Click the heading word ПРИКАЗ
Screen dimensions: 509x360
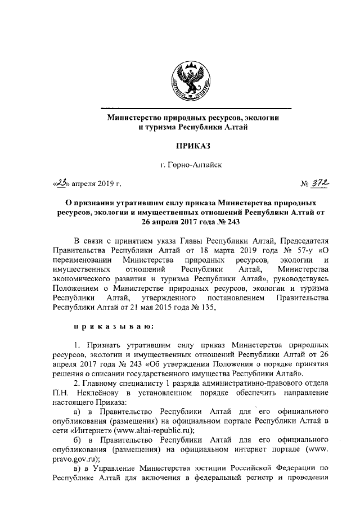coord(193,146)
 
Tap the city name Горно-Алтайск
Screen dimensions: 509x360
coord(196,165)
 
